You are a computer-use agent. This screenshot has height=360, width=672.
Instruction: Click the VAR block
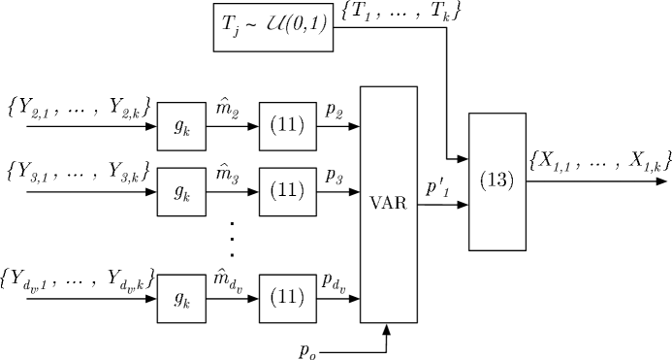[389, 204]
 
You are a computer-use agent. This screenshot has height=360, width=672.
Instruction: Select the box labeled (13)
[496, 181]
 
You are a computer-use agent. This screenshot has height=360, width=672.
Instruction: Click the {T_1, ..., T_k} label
[400, 16]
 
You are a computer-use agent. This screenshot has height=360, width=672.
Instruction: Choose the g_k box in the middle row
[181, 193]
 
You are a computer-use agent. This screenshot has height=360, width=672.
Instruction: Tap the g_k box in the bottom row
[181, 298]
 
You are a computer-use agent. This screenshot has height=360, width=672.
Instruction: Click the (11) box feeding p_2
[288, 125]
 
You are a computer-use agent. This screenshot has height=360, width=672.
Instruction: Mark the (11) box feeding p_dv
[288, 298]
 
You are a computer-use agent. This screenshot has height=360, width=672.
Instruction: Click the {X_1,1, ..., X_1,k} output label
[595, 160]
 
